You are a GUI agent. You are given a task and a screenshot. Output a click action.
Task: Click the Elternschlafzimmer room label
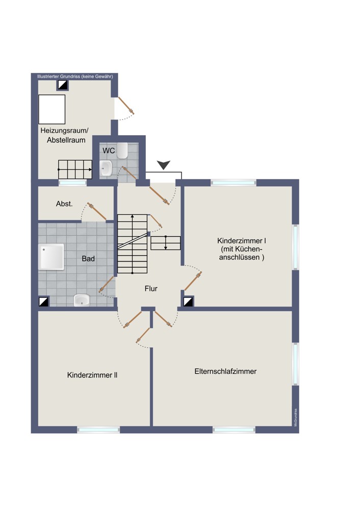[x=225, y=371]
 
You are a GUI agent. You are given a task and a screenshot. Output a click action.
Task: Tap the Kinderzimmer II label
[x=92, y=375]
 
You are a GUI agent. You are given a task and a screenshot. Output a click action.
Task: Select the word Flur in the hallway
[x=151, y=289]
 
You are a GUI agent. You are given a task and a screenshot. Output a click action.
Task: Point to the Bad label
[x=88, y=259]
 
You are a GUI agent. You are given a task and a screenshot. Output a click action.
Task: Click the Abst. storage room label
[x=64, y=204]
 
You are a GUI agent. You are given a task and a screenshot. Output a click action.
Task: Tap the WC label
[x=109, y=150]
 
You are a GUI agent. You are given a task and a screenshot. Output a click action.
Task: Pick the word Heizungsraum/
[x=64, y=131]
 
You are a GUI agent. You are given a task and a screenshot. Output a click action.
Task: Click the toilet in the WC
[x=122, y=150]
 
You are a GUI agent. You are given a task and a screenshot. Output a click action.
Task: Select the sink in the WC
[x=106, y=168]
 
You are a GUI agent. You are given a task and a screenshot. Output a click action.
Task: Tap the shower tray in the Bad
[x=52, y=257]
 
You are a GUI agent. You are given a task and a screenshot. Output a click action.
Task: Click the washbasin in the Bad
[x=81, y=300]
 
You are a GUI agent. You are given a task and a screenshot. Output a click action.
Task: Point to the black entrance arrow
[x=163, y=165]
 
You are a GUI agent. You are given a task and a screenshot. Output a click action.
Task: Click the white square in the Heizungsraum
[x=52, y=109]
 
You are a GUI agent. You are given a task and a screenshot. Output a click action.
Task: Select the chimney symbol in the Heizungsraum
[x=62, y=85]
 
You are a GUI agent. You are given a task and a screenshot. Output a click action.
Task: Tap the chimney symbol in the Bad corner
[x=43, y=301]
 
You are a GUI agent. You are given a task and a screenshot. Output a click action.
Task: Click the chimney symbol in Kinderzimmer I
[x=188, y=301]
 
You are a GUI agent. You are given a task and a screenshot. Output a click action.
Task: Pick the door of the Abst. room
[x=97, y=212]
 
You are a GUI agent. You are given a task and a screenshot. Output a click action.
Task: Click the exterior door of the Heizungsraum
[x=126, y=105]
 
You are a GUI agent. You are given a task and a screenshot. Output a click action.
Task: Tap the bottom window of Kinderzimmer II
[x=98, y=429]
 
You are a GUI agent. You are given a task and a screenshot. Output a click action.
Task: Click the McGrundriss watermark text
[x=296, y=417]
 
